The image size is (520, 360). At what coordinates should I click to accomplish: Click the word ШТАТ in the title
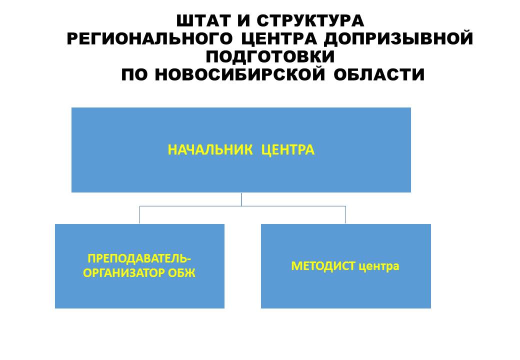tap(204, 21)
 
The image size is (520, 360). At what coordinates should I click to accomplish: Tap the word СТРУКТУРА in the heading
tap(310, 21)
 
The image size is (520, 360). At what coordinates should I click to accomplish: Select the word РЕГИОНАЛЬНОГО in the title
tap(150, 38)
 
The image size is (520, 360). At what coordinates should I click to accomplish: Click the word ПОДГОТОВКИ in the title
tap(270, 56)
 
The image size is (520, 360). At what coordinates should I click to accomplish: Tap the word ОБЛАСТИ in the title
tap(379, 74)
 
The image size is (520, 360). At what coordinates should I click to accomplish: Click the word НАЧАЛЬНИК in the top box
tap(210, 150)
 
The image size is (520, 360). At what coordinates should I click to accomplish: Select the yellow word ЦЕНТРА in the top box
tap(288, 150)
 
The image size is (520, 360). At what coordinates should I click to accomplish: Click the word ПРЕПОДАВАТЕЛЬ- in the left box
tap(139, 258)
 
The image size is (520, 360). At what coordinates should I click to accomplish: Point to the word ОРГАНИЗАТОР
tap(123, 273)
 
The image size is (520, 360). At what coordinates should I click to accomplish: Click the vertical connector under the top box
tap(241, 199)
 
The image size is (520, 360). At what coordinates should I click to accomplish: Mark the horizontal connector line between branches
tap(243, 206)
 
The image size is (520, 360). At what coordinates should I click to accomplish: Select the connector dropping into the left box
tap(139, 215)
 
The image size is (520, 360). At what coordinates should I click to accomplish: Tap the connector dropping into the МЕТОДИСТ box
tap(346, 215)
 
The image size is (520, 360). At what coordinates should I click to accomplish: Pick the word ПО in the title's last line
tap(134, 74)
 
